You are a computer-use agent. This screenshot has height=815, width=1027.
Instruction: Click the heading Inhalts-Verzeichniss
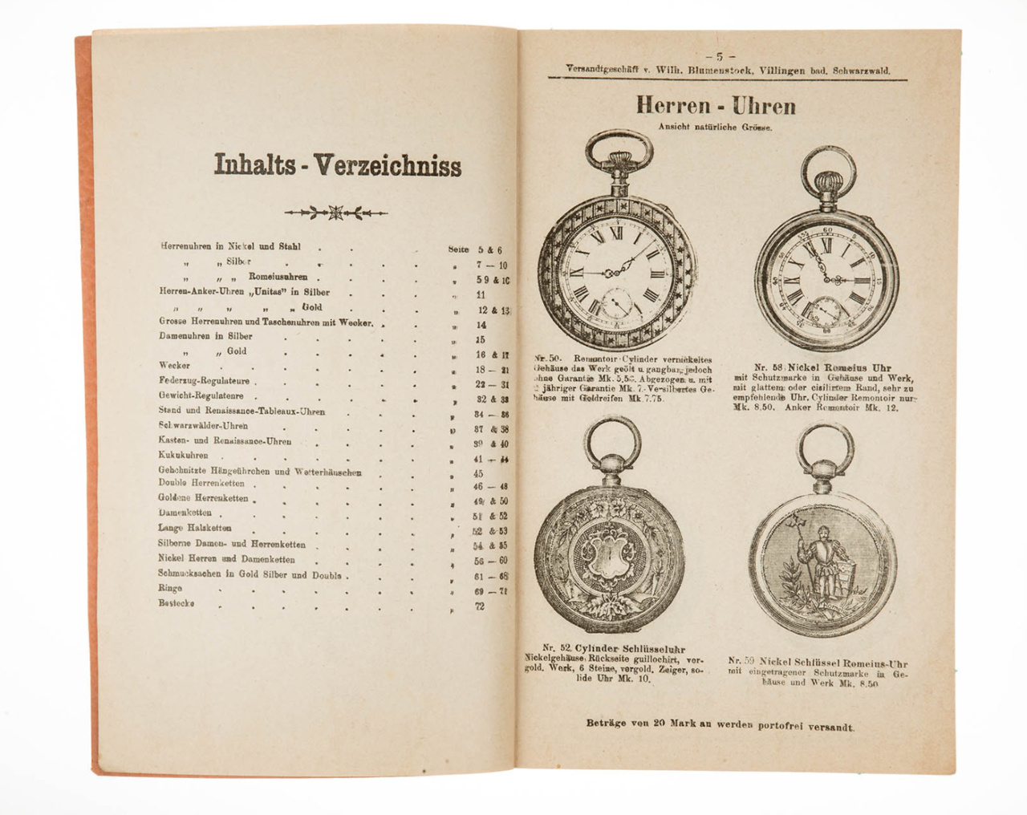click(x=338, y=164)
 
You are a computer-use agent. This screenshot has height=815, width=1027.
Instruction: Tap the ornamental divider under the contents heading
click(x=336, y=213)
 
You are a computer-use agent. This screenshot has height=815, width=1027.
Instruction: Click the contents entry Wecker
click(x=174, y=365)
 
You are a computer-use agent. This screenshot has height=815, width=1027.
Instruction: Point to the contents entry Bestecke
click(x=177, y=603)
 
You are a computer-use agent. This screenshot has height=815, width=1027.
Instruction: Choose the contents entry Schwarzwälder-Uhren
click(x=203, y=425)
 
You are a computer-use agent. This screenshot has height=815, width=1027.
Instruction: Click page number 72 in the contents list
click(x=480, y=606)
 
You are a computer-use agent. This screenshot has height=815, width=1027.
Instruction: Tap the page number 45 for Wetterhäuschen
click(x=479, y=473)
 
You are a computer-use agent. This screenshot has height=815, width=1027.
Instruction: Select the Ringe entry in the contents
click(x=170, y=588)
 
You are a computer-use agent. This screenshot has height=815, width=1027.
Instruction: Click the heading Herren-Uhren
click(x=716, y=105)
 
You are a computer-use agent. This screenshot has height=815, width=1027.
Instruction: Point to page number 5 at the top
click(x=720, y=56)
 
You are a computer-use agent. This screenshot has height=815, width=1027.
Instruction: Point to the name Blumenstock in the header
click(x=719, y=70)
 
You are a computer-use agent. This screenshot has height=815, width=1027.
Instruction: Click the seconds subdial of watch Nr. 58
click(x=826, y=310)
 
